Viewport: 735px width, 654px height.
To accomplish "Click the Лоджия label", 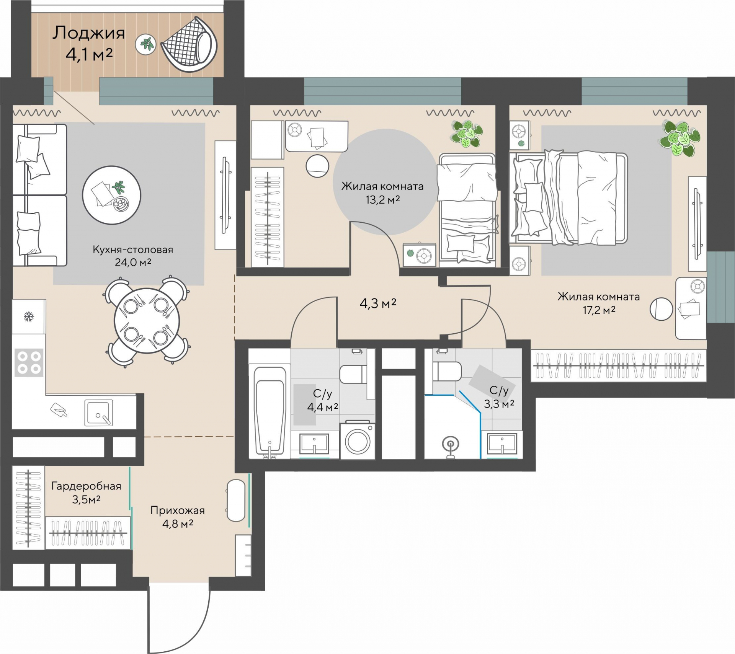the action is point(89,33).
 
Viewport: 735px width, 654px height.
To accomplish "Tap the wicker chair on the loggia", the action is point(189,44).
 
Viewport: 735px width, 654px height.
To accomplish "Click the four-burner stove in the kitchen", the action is point(29,362).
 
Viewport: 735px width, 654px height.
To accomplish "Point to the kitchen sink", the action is point(99,413).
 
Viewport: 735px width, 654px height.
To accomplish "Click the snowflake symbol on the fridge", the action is point(29,317).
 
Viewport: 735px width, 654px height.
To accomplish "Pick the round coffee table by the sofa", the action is point(111,195).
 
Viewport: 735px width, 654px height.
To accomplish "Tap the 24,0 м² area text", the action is point(133,262).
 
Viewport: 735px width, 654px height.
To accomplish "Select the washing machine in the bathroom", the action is point(358,440).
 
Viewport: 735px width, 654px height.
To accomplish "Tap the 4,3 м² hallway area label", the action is point(378,303).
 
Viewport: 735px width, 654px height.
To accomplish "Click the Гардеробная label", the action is point(86,486).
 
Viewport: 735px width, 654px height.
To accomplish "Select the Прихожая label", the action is point(178,510).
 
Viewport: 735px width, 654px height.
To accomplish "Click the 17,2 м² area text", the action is point(599,310).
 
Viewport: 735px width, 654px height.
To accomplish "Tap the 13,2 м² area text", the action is point(382,199).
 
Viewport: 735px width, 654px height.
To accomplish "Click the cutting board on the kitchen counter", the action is point(59,409).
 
